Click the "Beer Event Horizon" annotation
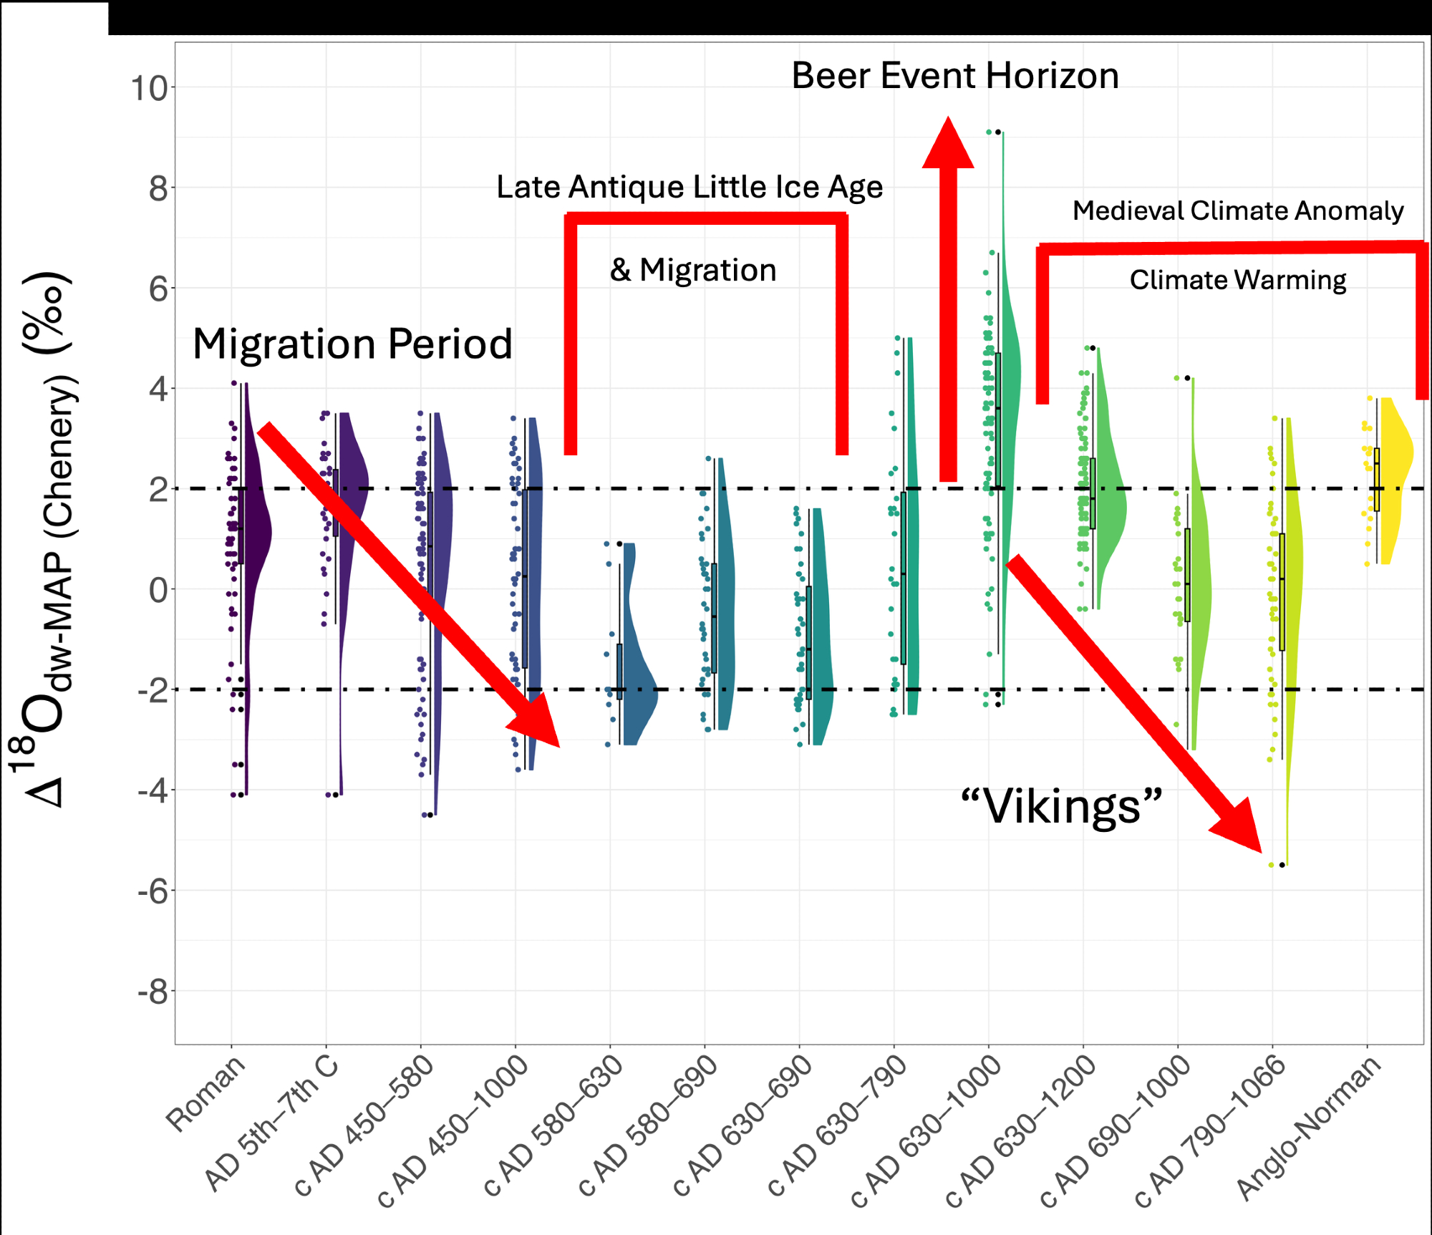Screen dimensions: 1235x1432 (x=954, y=76)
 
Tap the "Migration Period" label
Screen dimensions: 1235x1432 (x=352, y=344)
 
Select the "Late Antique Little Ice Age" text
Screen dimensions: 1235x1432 (x=689, y=188)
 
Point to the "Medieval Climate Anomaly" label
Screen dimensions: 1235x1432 (x=1237, y=210)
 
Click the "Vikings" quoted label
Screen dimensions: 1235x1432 (x=1061, y=807)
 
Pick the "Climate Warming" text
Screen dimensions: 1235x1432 (x=1237, y=280)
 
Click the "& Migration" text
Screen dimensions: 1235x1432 (x=693, y=271)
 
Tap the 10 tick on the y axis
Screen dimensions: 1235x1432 (x=149, y=89)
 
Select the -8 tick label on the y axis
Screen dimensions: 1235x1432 (x=153, y=993)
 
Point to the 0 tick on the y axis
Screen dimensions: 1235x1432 (x=158, y=591)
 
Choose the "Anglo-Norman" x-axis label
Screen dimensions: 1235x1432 (x=1309, y=1128)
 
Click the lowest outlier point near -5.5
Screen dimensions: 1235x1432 (x=1282, y=865)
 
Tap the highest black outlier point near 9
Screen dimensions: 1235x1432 (x=997, y=132)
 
